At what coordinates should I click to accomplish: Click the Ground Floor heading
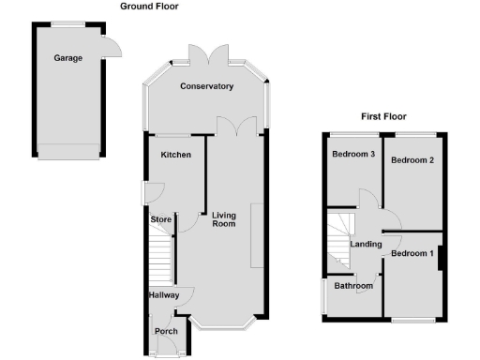149,6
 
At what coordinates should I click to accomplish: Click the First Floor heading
384,117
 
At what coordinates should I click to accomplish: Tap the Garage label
67,58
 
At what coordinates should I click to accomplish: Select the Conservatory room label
207,87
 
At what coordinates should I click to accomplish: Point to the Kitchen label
175,155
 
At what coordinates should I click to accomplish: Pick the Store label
161,221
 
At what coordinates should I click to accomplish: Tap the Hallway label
163,295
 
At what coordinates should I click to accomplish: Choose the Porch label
166,331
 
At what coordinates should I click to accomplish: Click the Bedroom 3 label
352,155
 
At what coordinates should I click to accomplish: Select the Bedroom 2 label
412,160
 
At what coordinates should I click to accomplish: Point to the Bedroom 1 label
412,254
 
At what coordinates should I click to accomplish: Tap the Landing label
366,245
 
